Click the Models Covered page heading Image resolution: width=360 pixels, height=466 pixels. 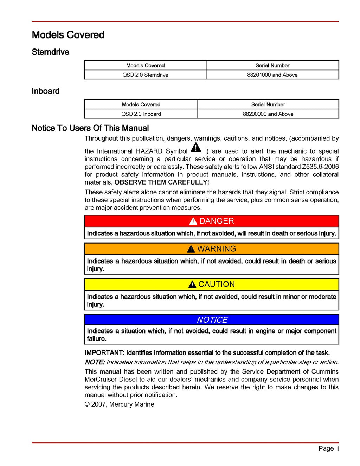(x=68, y=35)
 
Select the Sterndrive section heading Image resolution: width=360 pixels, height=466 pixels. (x=50, y=52)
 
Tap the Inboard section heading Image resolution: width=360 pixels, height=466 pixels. (x=45, y=91)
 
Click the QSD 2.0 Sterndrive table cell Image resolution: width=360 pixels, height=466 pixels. (x=145, y=75)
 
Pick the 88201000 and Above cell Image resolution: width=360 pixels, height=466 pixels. (x=272, y=75)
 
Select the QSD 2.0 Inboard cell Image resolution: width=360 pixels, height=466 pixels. (x=141, y=114)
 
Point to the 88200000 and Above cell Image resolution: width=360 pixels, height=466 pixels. (x=268, y=114)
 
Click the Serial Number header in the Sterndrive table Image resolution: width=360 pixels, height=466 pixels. (x=272, y=65)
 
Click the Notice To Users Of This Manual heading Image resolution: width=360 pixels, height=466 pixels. (x=90, y=128)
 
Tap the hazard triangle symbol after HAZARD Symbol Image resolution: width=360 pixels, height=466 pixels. (x=196, y=148)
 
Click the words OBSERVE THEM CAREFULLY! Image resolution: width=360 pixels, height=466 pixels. (x=162, y=182)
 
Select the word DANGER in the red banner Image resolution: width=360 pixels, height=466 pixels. (x=217, y=221)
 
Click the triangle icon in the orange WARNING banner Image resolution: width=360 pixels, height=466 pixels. (x=191, y=249)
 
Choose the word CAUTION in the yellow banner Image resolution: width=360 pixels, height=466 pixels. (x=217, y=284)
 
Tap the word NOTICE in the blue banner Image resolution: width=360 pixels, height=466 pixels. (x=212, y=320)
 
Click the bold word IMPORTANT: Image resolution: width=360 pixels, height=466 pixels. (x=104, y=352)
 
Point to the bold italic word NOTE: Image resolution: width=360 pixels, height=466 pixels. (x=95, y=362)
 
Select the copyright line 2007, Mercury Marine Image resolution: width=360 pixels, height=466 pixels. (x=120, y=404)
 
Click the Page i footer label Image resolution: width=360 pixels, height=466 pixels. (x=328, y=448)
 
